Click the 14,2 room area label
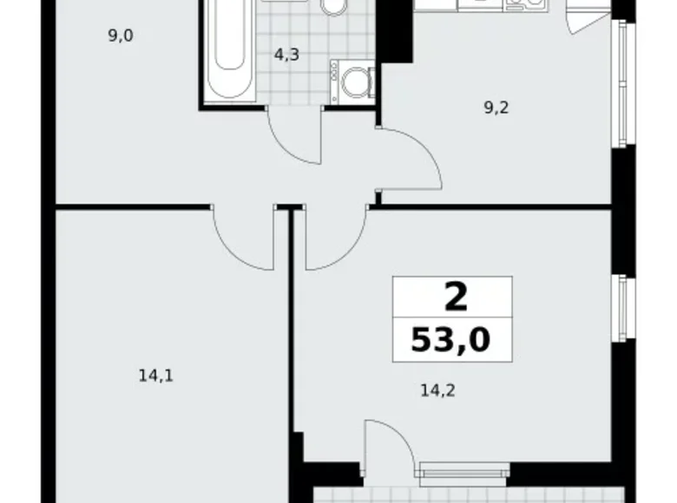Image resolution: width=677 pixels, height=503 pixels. [x=438, y=389]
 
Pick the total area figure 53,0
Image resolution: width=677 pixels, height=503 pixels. [x=451, y=337]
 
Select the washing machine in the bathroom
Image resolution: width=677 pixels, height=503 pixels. [x=352, y=83]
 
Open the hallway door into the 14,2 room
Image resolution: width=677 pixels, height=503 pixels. [x=334, y=238]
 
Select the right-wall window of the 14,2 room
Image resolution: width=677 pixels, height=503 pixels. [x=621, y=312]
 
